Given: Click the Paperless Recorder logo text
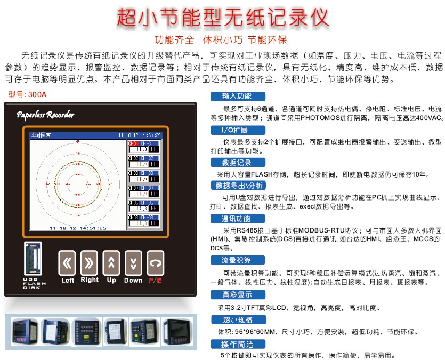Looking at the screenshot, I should coord(45,115).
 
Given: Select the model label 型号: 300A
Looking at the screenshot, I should coord(28,95).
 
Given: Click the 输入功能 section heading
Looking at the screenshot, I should coord(237,97).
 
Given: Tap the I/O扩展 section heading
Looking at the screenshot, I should coord(234,130).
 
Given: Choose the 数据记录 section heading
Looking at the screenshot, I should coord(237,163).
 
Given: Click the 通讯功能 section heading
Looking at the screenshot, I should coord(237,219).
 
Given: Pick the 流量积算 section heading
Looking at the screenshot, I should coord(237,260).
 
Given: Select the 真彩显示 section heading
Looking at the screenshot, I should coord(237,294).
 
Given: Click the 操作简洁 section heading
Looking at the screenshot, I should coord(237,344).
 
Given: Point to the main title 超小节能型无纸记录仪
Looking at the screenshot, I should coord(222,18).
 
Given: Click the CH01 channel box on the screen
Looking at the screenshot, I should coord(142,147).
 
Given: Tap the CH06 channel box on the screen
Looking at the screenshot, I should coord(142,221).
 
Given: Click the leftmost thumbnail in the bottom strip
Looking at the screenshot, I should coord(21,331).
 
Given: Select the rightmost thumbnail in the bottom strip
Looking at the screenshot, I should coord(176,331).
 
